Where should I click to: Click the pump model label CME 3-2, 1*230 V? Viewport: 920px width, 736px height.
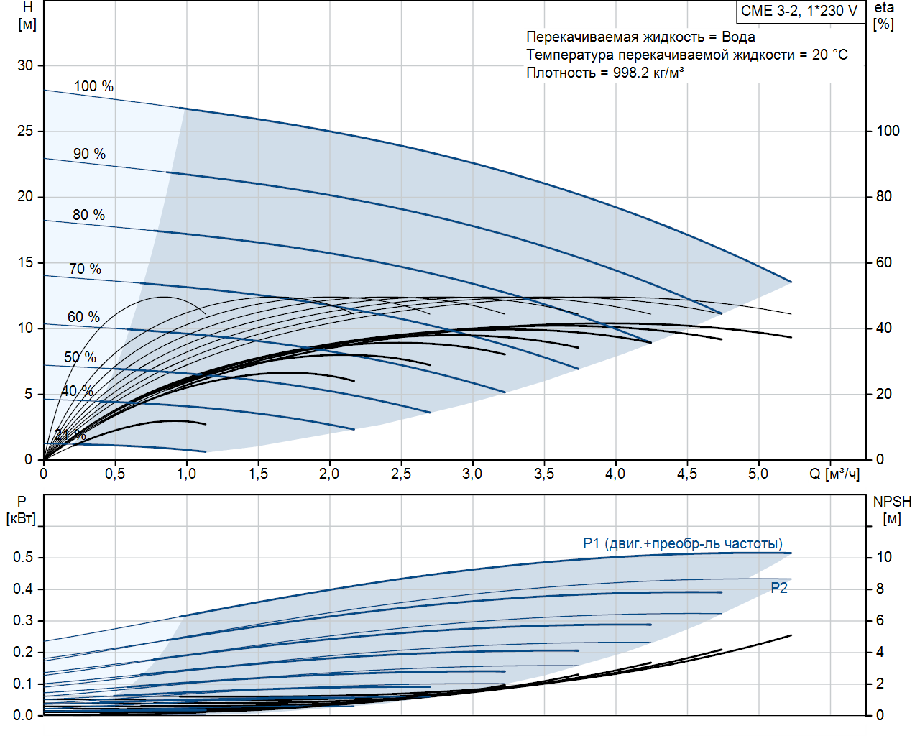point(799,11)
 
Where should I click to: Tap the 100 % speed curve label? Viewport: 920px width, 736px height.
point(93,86)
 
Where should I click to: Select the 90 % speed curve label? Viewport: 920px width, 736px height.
point(89,154)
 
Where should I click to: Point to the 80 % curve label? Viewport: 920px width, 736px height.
point(88,215)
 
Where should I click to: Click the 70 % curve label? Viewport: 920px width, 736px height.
point(85,269)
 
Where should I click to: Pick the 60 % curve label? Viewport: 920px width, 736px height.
point(83,317)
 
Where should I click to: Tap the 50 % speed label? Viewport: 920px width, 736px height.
point(80,357)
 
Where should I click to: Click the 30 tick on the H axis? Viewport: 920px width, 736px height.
point(25,65)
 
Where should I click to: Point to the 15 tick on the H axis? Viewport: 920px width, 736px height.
point(25,262)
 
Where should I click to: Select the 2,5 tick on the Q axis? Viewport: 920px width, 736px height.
point(401,474)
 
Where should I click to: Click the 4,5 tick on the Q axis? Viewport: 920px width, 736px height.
point(687,474)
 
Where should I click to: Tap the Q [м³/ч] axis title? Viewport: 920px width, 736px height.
point(834,474)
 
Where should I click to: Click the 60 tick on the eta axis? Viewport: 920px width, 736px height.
point(884,262)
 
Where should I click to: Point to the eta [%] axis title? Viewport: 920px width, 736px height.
point(884,16)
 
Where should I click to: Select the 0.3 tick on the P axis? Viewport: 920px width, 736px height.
point(23,620)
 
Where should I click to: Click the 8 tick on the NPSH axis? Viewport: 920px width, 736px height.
point(880,589)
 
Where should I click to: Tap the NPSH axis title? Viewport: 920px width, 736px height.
point(892,510)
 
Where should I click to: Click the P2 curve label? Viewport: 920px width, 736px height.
point(779,588)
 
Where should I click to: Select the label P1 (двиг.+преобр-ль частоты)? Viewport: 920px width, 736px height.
point(683,543)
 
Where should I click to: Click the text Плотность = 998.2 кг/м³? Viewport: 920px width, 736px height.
point(605,73)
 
